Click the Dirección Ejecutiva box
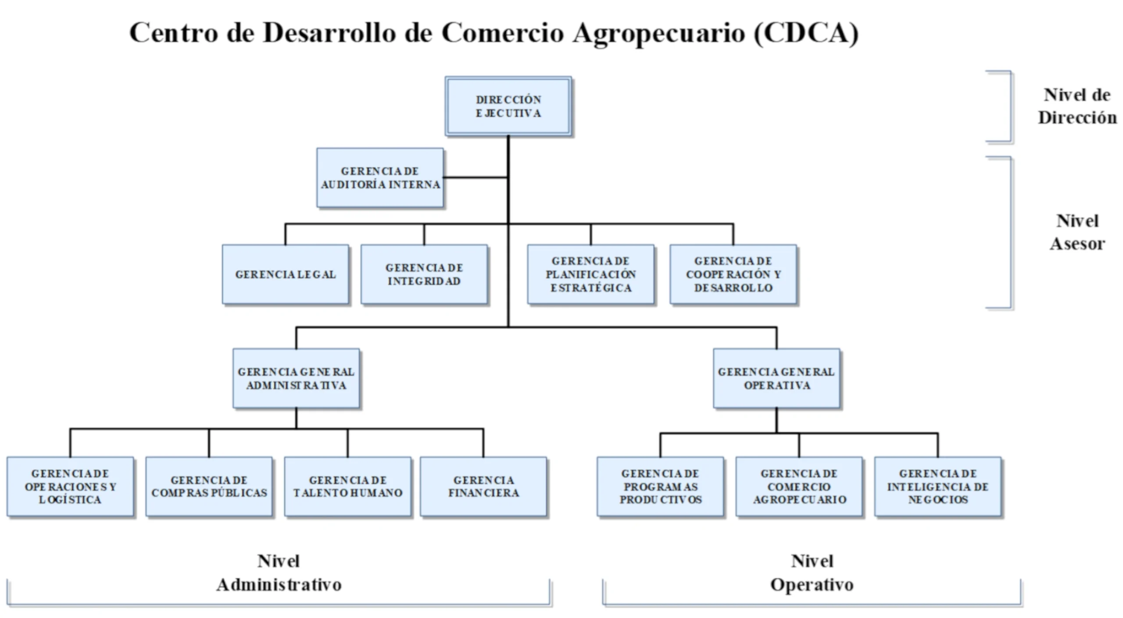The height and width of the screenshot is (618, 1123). pyautogui.click(x=508, y=106)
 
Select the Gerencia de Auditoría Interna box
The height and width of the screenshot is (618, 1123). pyautogui.click(x=380, y=178)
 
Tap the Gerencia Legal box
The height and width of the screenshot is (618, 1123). pyautogui.click(x=286, y=274)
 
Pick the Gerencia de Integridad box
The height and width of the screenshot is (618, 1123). pyautogui.click(x=424, y=274)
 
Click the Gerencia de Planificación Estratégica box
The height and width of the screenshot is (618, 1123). pyautogui.click(x=590, y=274)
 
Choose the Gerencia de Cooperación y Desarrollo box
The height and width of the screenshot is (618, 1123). pyautogui.click(x=733, y=274)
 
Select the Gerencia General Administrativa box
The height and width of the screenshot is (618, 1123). pyautogui.click(x=296, y=378)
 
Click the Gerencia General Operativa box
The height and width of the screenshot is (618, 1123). pyautogui.click(x=776, y=378)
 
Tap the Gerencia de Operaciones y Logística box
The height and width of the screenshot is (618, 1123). pyautogui.click(x=70, y=486)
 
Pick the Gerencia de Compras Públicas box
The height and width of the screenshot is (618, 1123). pyautogui.click(x=209, y=486)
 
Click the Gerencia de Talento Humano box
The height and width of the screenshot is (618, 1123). pyautogui.click(x=347, y=486)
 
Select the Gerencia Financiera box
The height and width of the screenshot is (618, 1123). pyautogui.click(x=483, y=486)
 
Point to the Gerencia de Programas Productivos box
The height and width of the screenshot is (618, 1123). pyautogui.click(x=660, y=486)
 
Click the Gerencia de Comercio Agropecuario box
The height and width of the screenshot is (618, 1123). pyautogui.click(x=799, y=486)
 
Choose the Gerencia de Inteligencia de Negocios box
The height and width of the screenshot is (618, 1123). pyautogui.click(x=937, y=486)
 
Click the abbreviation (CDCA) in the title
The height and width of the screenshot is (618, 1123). pyautogui.click(x=806, y=33)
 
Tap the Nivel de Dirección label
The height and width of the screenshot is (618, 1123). pyautogui.click(x=1077, y=106)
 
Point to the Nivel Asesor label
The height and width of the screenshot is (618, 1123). pyautogui.click(x=1077, y=232)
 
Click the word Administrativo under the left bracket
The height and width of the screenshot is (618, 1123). pyautogui.click(x=279, y=585)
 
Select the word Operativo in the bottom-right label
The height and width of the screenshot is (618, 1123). pyautogui.click(x=812, y=585)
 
